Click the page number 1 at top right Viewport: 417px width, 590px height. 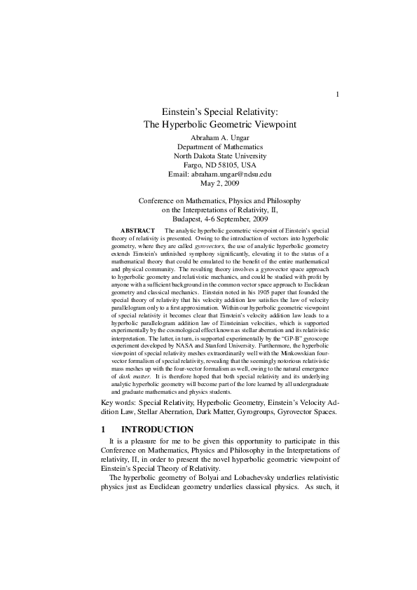[338, 95]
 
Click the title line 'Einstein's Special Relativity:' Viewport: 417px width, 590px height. [221, 111]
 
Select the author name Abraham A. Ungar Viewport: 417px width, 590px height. [220, 136]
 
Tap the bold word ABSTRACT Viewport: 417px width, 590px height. [138, 231]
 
